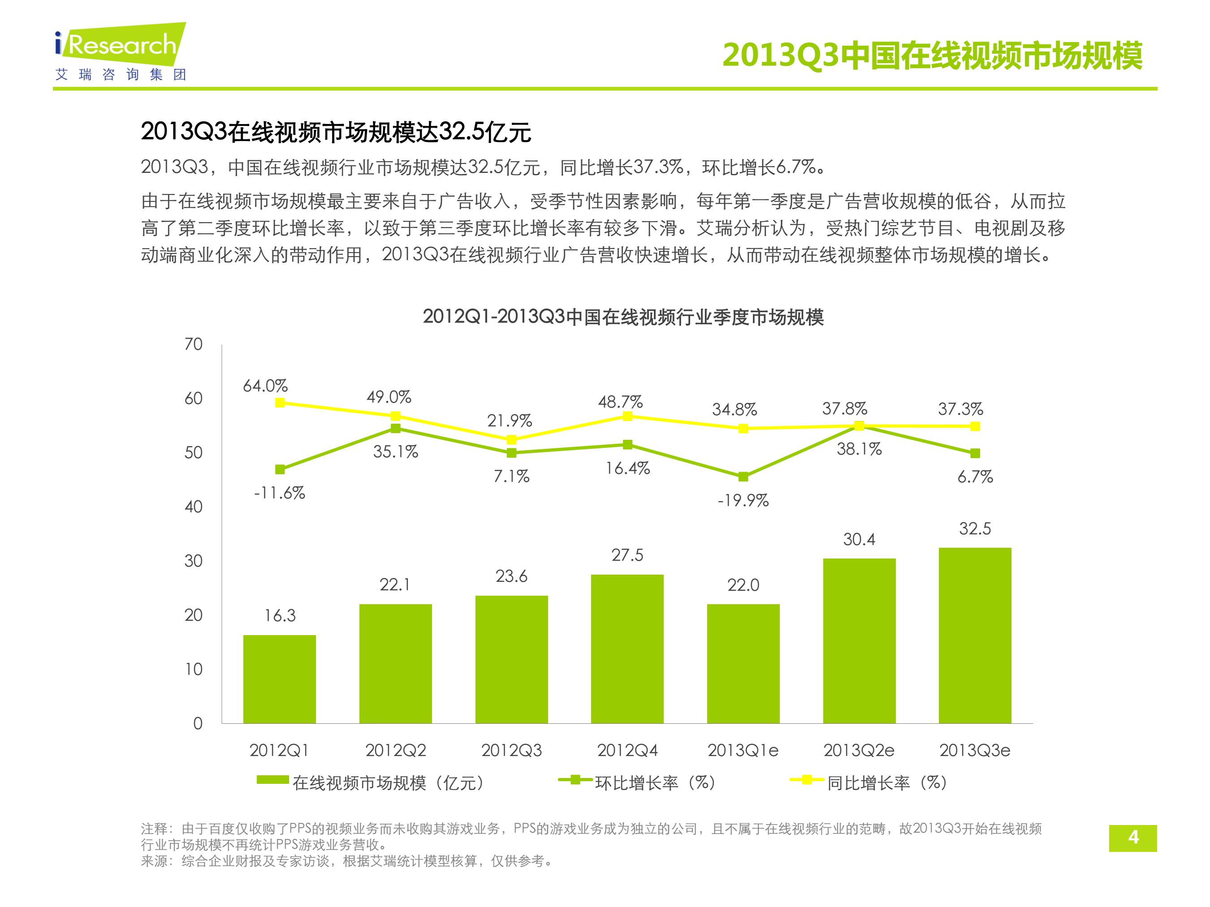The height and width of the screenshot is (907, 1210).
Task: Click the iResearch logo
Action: point(121,52)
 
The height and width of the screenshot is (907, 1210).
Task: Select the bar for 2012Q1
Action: point(280,679)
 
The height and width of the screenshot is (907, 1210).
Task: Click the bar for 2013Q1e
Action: point(743,664)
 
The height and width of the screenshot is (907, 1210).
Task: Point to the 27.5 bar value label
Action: point(627,555)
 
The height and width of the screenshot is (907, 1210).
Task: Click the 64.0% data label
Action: point(265,386)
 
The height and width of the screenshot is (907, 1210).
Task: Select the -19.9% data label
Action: point(743,500)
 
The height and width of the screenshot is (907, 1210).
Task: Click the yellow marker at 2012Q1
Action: point(280,403)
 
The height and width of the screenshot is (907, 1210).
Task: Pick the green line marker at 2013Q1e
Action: point(743,477)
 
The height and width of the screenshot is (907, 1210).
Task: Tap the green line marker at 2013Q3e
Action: point(975,453)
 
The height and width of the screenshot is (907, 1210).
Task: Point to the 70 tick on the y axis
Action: point(194,344)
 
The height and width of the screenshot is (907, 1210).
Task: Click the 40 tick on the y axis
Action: point(194,507)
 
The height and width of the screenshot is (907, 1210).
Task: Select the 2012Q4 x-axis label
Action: point(627,751)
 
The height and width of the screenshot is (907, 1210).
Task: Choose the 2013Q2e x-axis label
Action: point(859,751)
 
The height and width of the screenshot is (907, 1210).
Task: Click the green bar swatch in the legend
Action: point(273,780)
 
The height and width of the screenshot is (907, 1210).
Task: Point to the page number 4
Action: point(1133,838)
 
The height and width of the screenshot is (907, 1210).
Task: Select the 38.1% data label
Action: point(859,449)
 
